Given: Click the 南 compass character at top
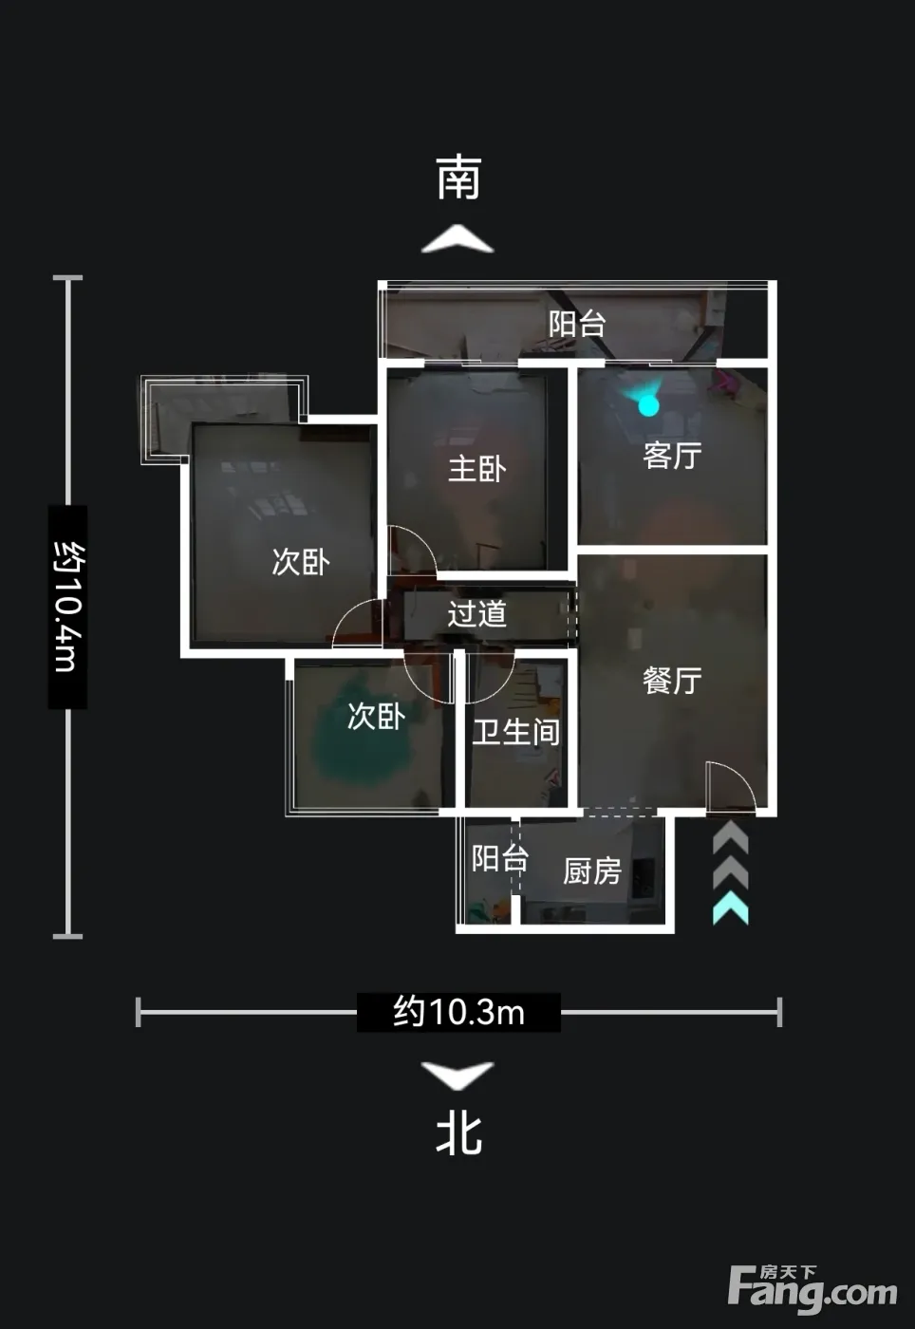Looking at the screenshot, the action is click(458, 178).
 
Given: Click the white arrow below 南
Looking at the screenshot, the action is click(457, 238).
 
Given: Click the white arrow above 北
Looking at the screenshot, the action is click(457, 1075).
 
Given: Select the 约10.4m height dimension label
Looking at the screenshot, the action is click(67, 607).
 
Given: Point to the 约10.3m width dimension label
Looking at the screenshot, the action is click(458, 1012).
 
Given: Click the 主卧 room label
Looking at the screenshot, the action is click(477, 469).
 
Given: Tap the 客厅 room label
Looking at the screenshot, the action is click(672, 456).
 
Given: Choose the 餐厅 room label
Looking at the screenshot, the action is click(672, 680).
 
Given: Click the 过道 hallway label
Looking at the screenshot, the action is click(477, 613).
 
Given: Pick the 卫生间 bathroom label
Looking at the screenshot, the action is click(516, 732).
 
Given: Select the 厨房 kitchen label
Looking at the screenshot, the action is click(592, 871).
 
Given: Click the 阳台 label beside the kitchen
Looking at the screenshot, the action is click(500, 858).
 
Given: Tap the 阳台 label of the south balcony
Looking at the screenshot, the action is click(577, 324).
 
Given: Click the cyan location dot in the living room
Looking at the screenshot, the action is click(648, 406).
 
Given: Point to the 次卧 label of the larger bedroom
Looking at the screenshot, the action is click(301, 561).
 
